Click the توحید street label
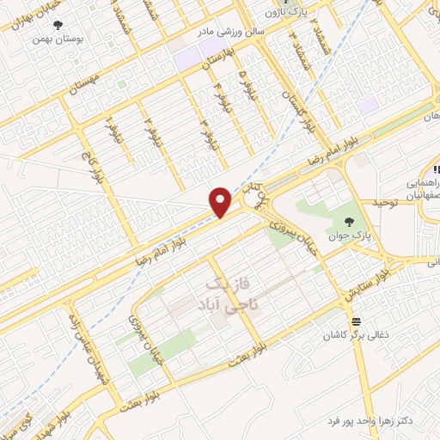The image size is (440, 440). pos(387,203)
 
